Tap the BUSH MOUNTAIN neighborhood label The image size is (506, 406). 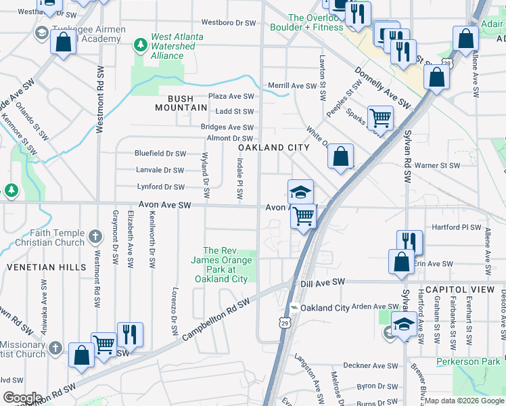point(181,103)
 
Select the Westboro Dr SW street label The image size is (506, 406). point(229,22)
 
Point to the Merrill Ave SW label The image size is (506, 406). point(292,86)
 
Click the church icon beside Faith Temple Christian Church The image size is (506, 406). point(95,237)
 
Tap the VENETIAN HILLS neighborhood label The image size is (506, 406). point(47,267)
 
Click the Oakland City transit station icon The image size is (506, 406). point(294,308)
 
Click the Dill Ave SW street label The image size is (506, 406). point(323,281)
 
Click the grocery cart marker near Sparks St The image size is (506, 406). point(380,118)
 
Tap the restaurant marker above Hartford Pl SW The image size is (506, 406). point(409,242)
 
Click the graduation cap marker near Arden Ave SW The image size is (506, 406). point(404,324)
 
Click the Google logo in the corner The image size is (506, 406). point(22,398)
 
